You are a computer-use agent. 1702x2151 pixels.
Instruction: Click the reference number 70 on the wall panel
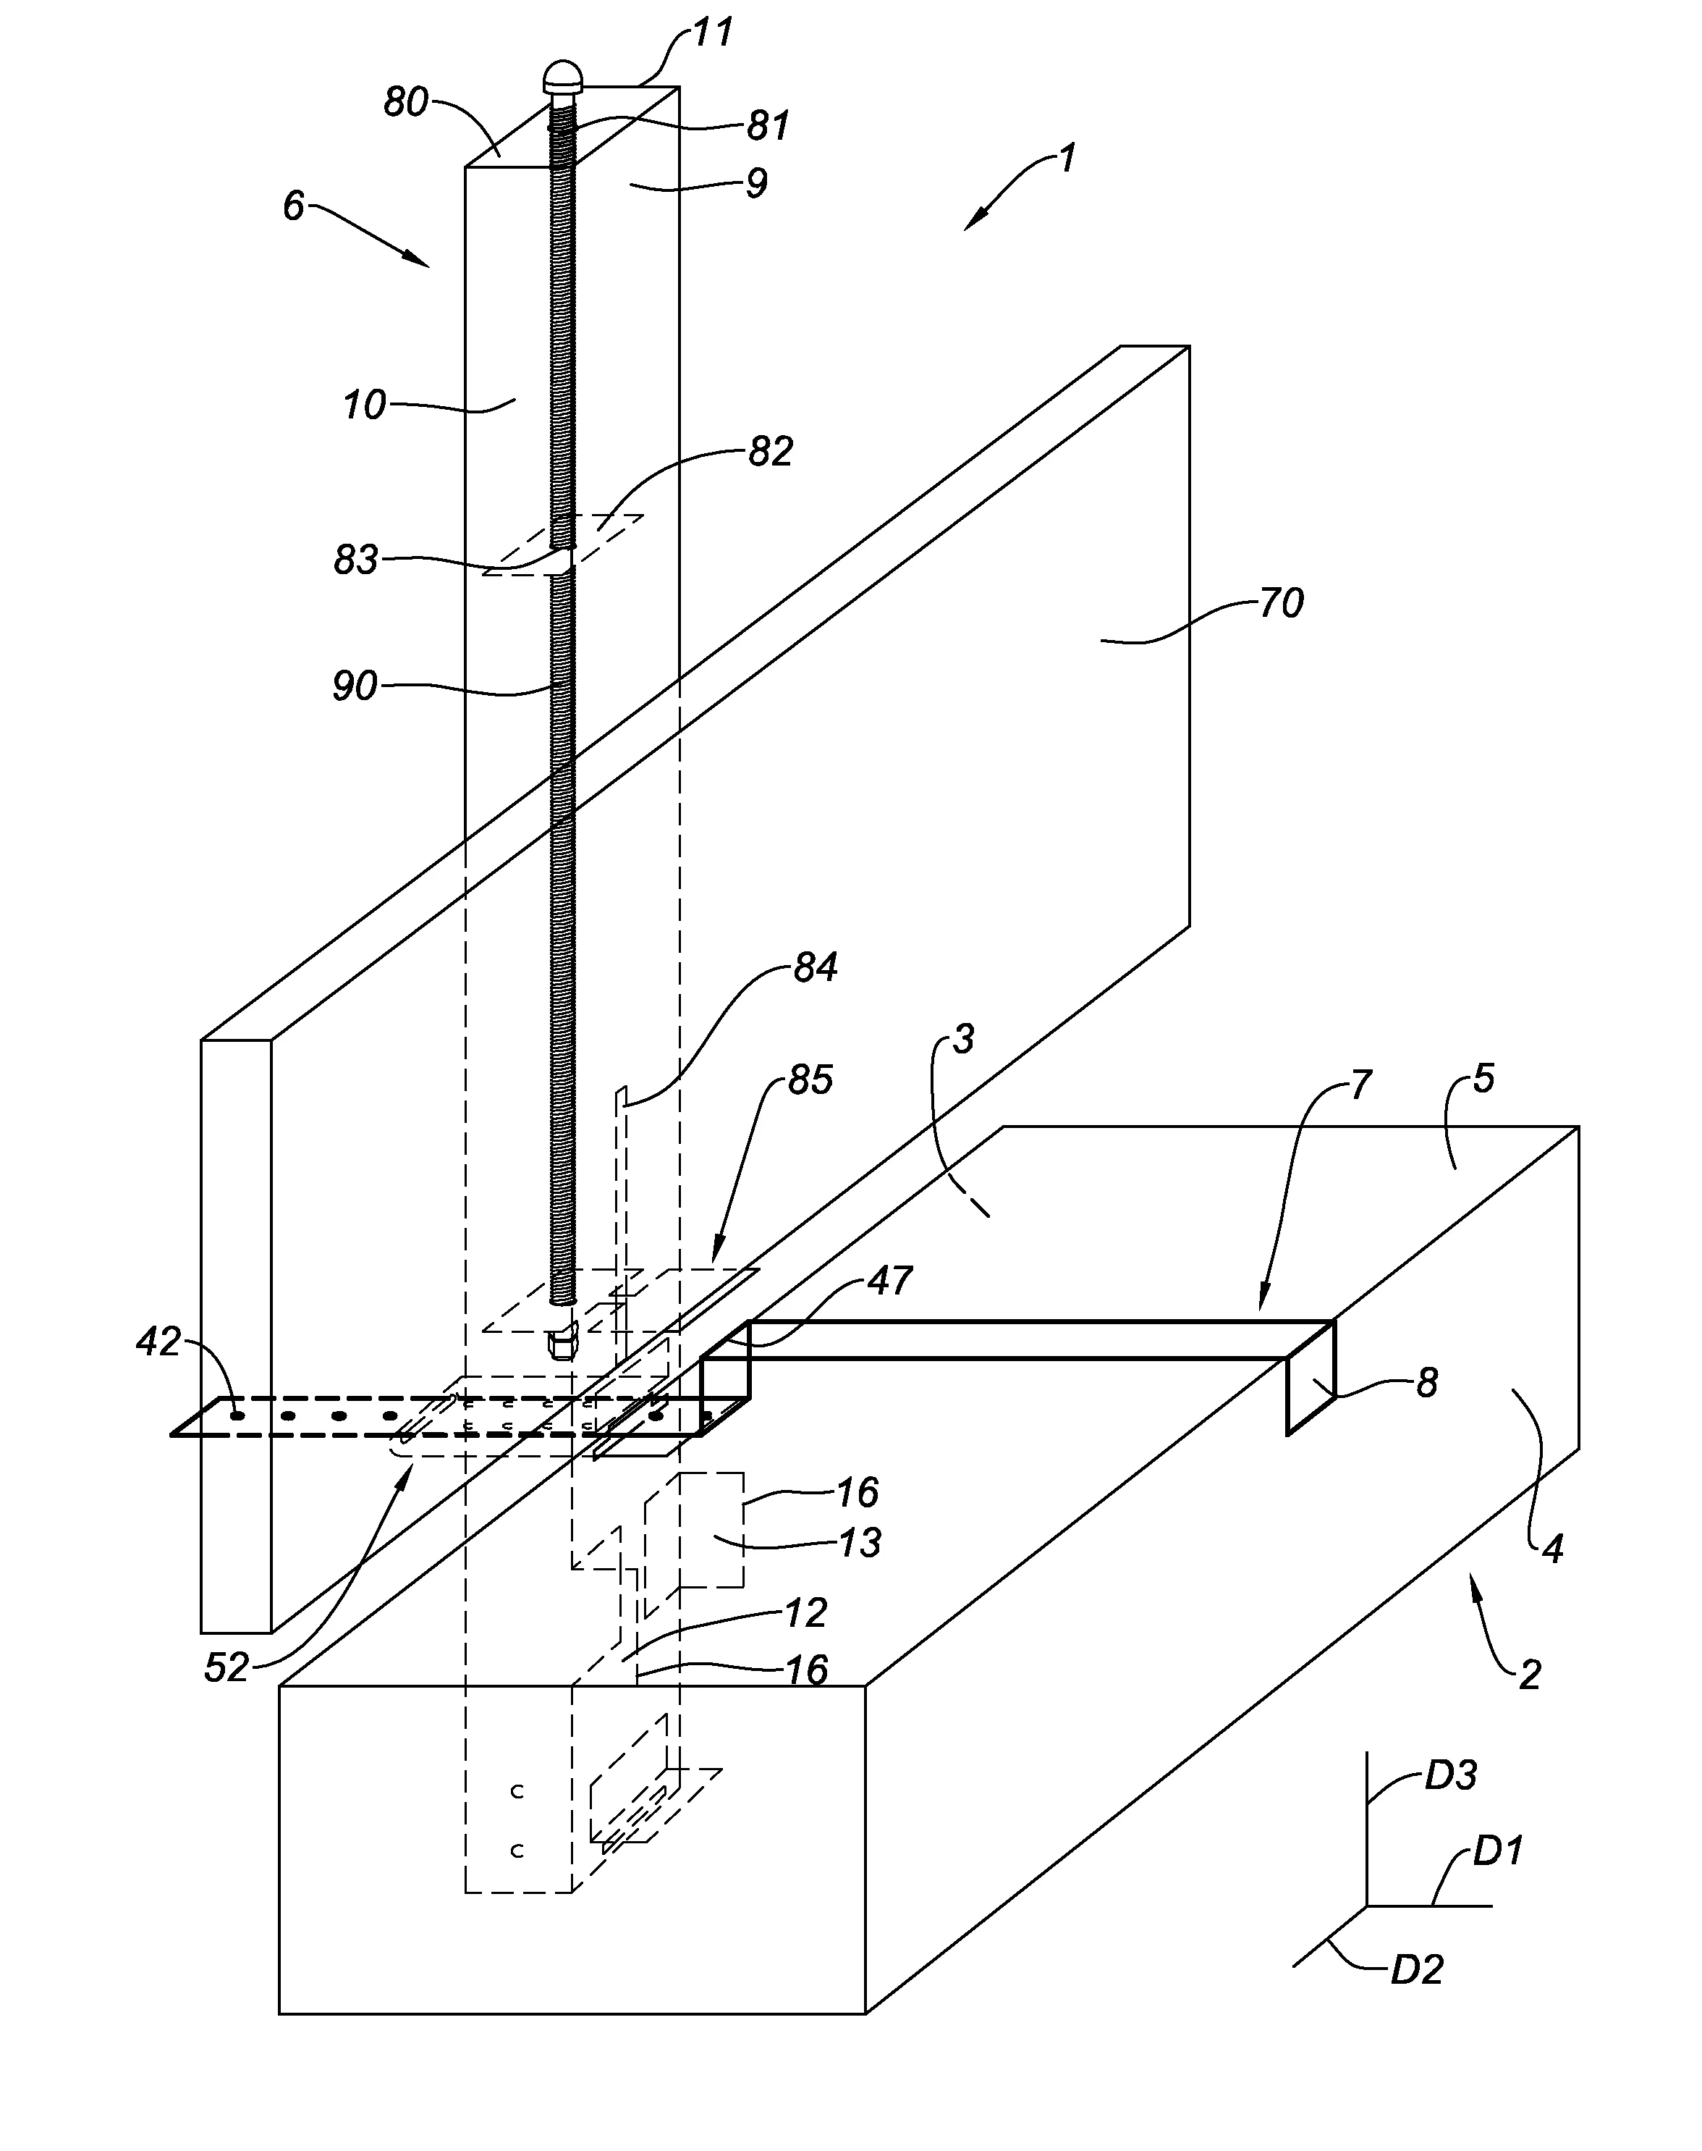[x=1281, y=603]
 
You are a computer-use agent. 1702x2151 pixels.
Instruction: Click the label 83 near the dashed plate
[x=356, y=560]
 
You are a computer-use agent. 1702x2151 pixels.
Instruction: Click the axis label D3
[x=1450, y=1775]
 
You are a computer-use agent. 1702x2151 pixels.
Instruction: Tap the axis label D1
[x=1498, y=1851]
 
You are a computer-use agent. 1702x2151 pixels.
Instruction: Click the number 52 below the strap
[x=226, y=1667]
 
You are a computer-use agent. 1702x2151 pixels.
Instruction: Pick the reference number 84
[x=815, y=967]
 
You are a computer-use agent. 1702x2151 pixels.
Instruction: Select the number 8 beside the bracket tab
[x=1427, y=1384]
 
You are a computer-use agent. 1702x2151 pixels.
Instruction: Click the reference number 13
[x=859, y=1542]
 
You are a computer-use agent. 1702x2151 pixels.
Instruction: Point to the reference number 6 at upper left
[x=293, y=206]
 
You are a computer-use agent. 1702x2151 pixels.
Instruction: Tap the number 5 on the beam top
[x=1483, y=1079]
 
